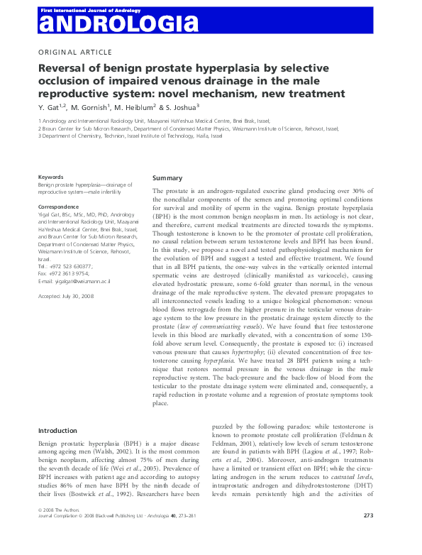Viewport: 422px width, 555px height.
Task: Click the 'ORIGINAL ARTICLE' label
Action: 74,52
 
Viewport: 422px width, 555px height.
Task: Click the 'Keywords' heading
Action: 51,177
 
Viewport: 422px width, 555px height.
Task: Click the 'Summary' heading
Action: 167,178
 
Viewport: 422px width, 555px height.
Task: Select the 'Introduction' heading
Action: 57,431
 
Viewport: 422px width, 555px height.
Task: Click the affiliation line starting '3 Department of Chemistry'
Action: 130,136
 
